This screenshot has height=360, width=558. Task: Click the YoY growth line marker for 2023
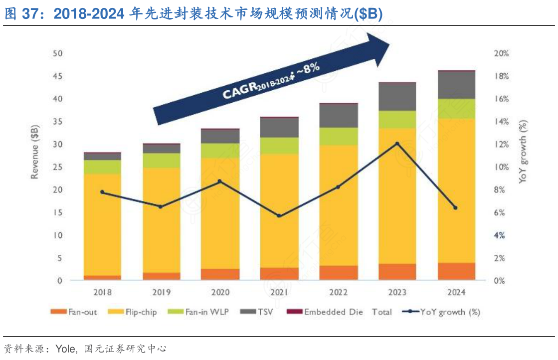(x=397, y=144)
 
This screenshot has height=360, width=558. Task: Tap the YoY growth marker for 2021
(x=279, y=216)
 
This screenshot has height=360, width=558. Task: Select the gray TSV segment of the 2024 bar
(x=455, y=85)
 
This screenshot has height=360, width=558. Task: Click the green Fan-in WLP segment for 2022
(x=338, y=136)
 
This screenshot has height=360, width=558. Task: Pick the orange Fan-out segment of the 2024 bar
(x=455, y=271)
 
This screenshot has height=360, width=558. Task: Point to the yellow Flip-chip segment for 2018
(x=102, y=224)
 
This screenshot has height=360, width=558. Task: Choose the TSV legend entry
(x=256, y=312)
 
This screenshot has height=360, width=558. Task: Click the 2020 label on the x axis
(x=220, y=292)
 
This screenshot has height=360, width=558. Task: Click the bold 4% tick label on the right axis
(x=500, y=235)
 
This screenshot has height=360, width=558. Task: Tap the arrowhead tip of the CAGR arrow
(x=390, y=44)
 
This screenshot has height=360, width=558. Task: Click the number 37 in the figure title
(x=31, y=13)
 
